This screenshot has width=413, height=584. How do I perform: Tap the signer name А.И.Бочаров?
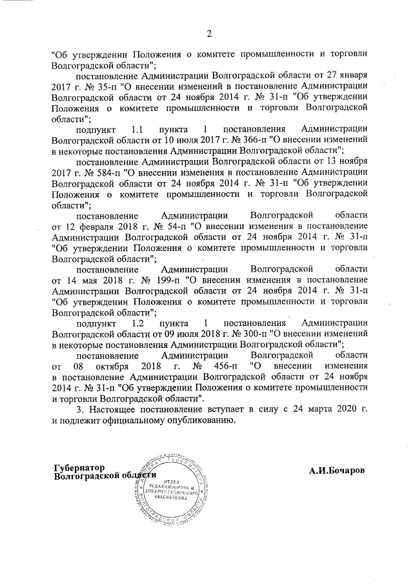point(336,472)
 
